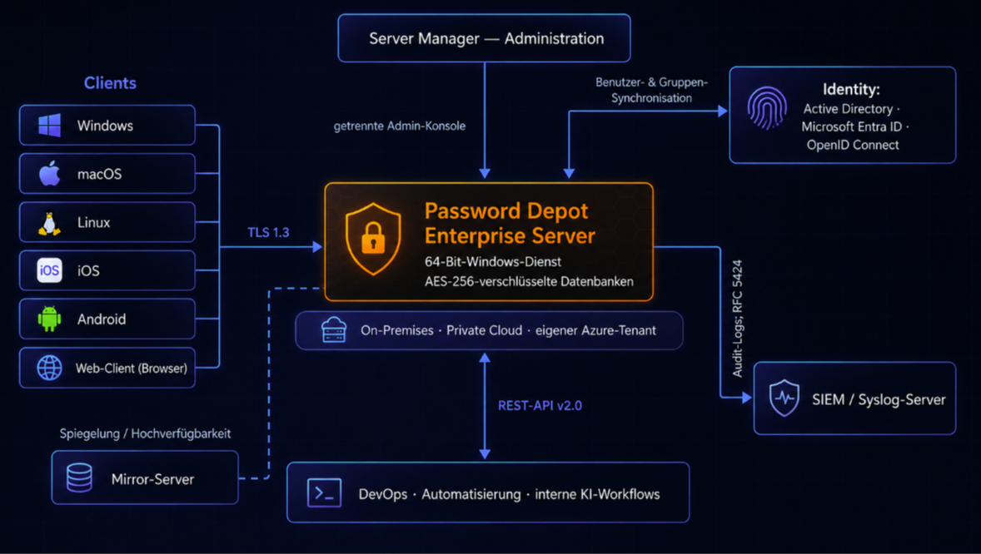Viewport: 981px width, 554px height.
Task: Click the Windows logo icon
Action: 49,125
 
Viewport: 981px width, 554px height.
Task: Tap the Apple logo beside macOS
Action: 49,173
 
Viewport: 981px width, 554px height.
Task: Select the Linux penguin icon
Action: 49,223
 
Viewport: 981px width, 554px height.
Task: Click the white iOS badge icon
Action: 49,270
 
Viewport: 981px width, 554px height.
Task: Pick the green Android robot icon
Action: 49,319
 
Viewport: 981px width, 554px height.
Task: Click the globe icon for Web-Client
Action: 49,368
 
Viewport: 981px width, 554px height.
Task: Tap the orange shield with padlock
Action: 374,239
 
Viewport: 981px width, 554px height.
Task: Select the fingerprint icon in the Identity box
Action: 767,107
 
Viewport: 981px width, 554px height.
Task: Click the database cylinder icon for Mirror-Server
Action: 79,477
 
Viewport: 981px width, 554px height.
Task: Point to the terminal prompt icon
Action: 324,492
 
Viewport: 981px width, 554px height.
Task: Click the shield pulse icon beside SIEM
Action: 784,398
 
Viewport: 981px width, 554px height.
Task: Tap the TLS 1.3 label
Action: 268,233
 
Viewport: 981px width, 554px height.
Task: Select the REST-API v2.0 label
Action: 540,406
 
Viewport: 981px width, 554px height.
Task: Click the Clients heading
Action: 110,83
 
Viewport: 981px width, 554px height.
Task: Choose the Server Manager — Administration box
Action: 484,38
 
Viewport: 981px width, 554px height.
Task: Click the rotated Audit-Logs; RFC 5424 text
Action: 738,319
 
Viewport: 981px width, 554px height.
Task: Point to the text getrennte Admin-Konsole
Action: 400,126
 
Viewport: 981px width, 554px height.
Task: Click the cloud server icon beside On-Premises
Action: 333,329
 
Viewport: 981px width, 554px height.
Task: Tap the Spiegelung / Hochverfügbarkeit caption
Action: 145,433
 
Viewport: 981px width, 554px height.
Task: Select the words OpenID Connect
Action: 853,145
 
